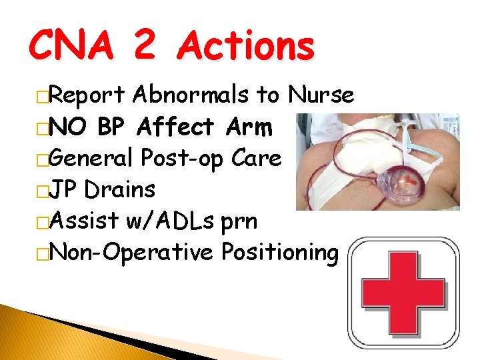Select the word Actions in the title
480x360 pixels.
247,47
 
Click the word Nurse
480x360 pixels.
321,95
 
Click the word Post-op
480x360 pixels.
183,158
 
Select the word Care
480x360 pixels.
256,158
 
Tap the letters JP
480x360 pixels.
65,189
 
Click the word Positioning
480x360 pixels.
279,252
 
